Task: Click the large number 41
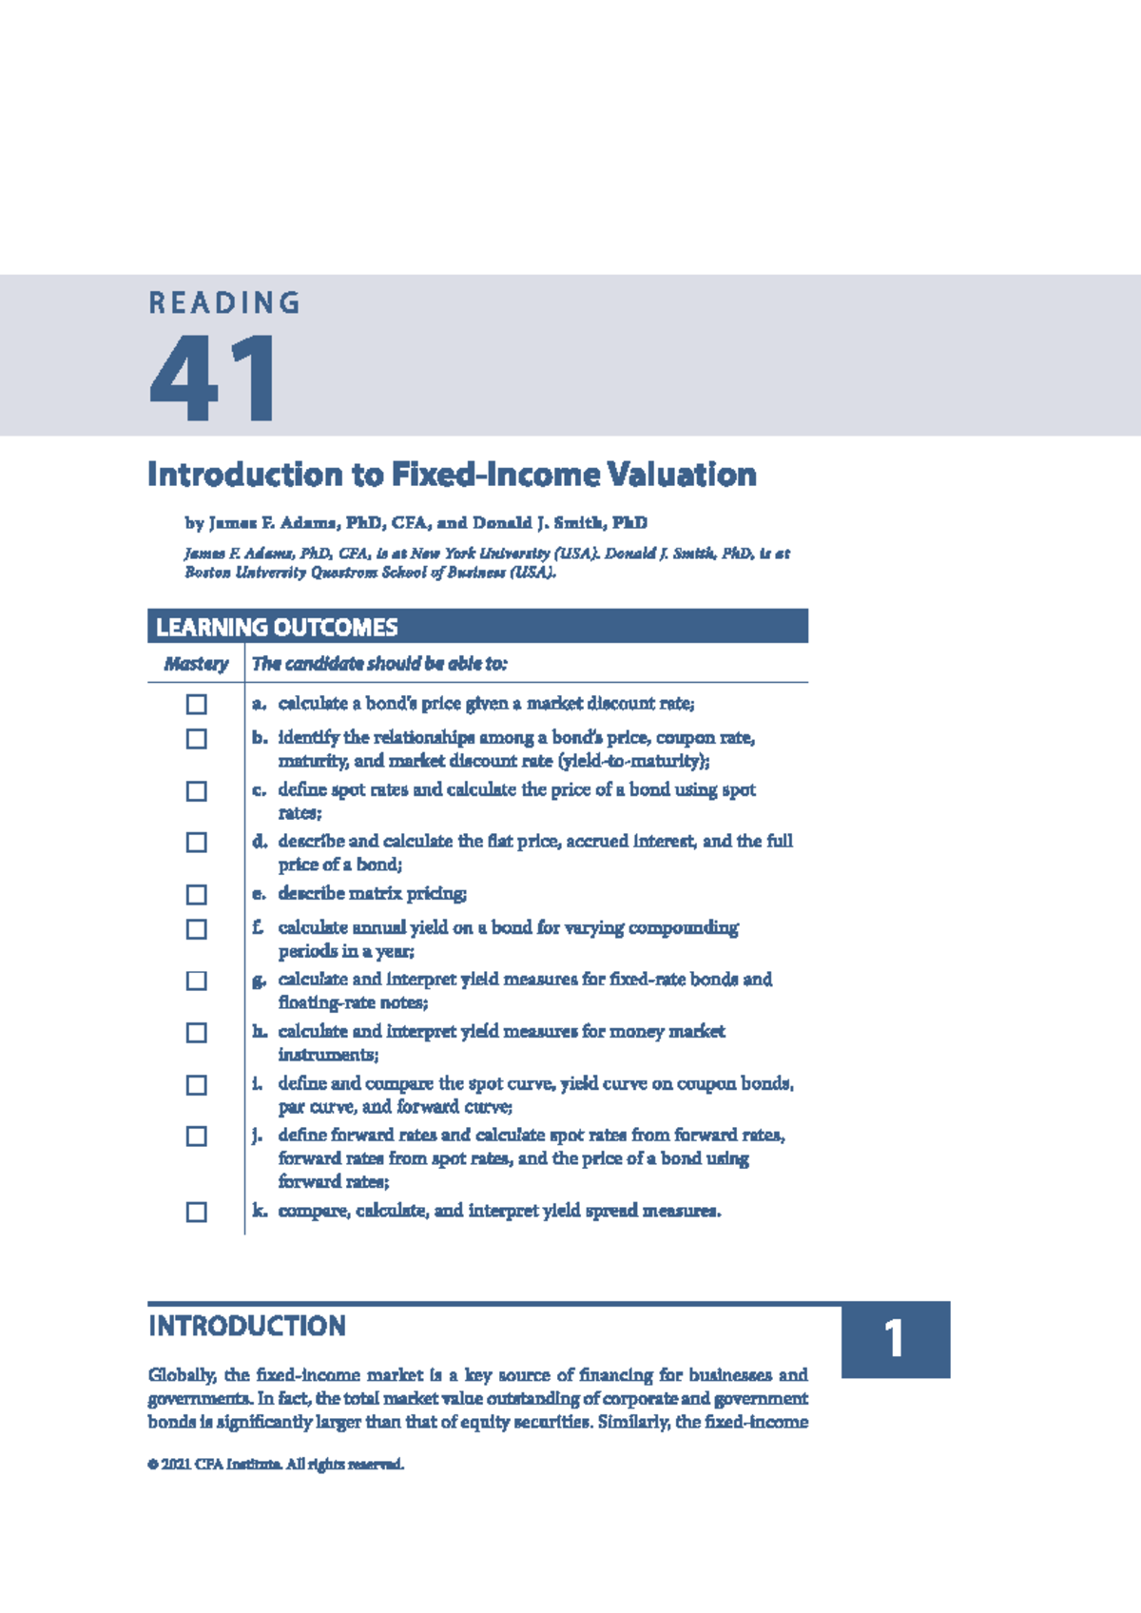point(213,379)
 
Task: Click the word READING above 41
point(224,303)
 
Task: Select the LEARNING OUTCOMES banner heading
point(277,628)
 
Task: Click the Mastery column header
point(196,664)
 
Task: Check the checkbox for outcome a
point(197,705)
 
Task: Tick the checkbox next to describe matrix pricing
point(197,895)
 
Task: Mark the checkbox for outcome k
point(197,1212)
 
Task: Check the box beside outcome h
point(197,1033)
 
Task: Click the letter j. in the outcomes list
point(258,1135)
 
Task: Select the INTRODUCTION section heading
point(247,1326)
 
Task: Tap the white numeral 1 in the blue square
point(894,1339)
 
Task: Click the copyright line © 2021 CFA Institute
point(276,1464)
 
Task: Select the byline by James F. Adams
point(416,523)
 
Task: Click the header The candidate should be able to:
point(379,664)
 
